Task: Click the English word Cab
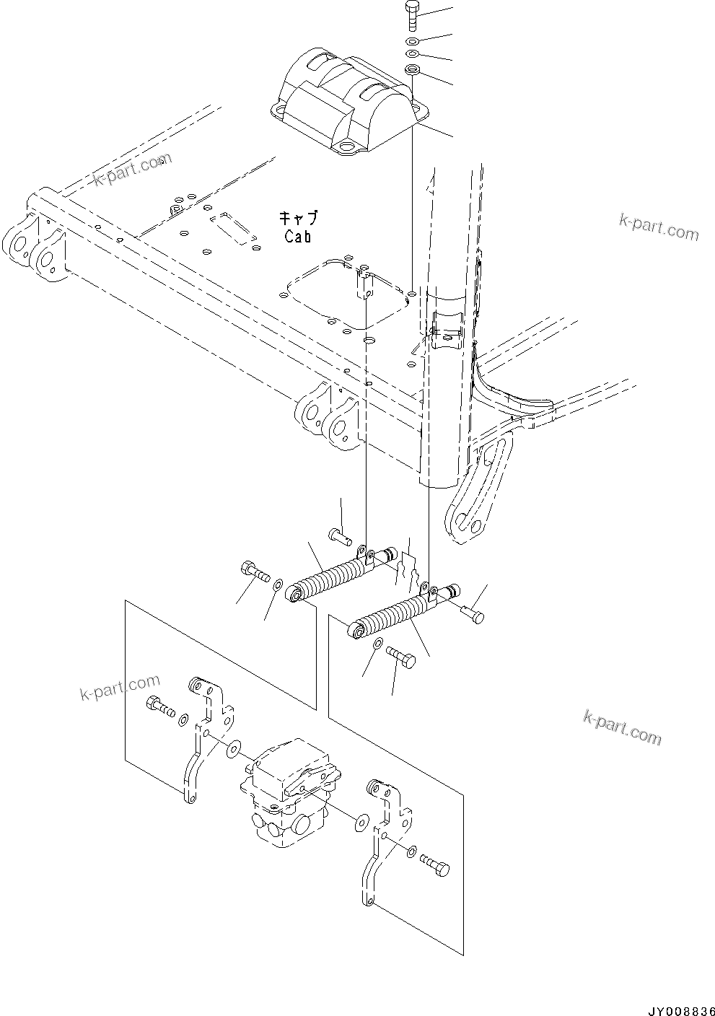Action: pos(298,235)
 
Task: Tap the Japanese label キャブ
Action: pos(298,217)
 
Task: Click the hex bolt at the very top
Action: pos(411,14)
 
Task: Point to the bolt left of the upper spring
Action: pos(254,569)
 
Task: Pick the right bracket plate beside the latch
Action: pos(383,836)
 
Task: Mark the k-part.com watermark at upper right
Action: pos(658,228)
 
